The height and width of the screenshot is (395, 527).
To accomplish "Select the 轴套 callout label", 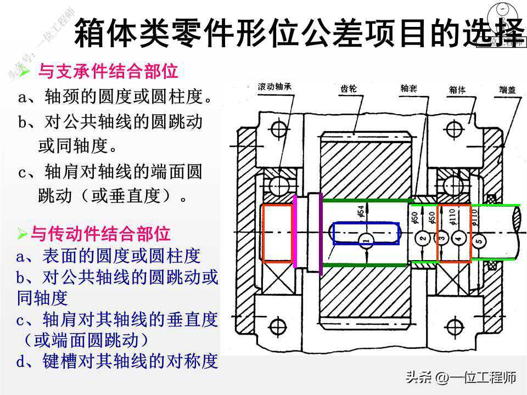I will pos(408,87).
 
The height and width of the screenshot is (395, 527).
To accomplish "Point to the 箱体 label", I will pos(457,89).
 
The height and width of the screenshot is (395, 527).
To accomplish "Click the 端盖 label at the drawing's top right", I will pos(507,89).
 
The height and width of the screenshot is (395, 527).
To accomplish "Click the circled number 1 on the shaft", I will pos(367,239).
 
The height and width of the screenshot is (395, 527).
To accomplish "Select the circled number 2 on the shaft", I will pos(422,239).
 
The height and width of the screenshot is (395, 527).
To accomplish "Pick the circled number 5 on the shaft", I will pos(479,241).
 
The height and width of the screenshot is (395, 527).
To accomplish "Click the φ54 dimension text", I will pos(361,212).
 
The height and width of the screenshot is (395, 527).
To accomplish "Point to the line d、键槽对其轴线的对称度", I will pos(117,361).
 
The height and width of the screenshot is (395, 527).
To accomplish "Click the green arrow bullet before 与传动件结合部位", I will pos(22,234).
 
